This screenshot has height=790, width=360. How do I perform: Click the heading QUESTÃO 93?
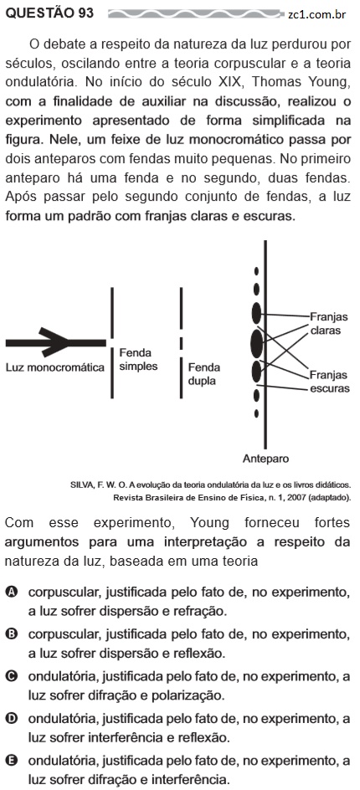(x=49, y=13)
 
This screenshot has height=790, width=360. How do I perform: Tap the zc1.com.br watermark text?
(x=316, y=14)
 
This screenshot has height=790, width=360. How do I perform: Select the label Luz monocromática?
(x=55, y=367)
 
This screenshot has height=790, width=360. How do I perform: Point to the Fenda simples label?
(x=138, y=359)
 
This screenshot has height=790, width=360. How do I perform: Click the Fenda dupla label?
(x=204, y=374)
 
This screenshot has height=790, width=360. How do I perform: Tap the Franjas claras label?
(x=328, y=324)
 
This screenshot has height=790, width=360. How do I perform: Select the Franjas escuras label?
(x=329, y=382)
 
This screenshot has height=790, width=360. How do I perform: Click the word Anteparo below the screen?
(x=265, y=459)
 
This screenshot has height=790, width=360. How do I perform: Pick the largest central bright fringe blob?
(x=257, y=343)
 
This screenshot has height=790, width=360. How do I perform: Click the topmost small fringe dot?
(x=257, y=271)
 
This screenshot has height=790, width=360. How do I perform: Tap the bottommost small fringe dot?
(x=257, y=413)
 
